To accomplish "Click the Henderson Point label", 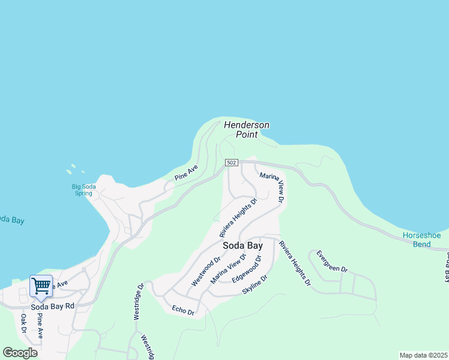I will (x=247, y=130).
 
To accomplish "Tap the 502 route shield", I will (x=232, y=163).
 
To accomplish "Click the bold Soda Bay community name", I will (x=243, y=245).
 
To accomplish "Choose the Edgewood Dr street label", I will (x=247, y=269).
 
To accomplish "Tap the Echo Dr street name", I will (x=183, y=310).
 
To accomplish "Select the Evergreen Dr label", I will (x=332, y=262).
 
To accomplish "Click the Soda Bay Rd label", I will (x=53, y=306).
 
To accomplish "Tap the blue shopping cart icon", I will (x=41, y=286).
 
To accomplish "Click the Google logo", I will (x=20, y=352).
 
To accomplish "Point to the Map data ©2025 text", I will (x=423, y=355).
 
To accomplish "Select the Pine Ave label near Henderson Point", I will (x=186, y=173).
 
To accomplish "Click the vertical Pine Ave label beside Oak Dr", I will (x=40, y=325).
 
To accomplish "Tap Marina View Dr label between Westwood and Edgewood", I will (x=229, y=269).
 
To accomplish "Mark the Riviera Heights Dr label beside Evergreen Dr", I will (x=295, y=263).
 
